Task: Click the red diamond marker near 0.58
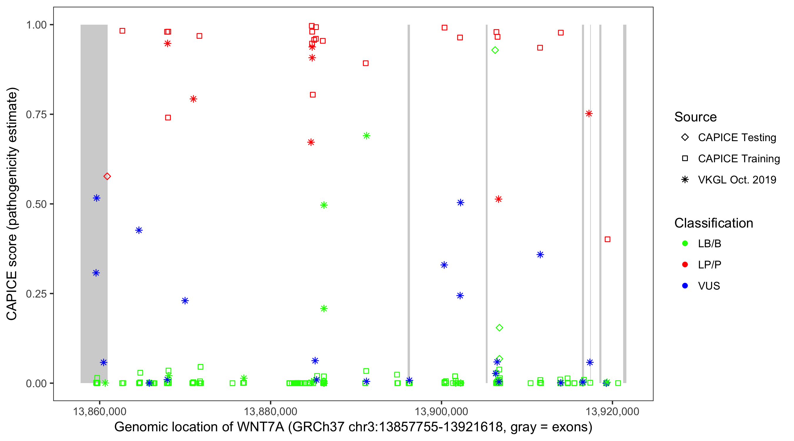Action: [107, 176]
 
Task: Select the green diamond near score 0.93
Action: [495, 50]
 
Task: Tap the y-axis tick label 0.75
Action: [36, 115]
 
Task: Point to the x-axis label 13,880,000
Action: [270, 412]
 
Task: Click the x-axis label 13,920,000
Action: [612, 412]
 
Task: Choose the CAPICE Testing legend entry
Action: [737, 138]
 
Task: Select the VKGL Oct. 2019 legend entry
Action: [737, 180]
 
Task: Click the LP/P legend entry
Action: [709, 265]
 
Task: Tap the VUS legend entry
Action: [709, 286]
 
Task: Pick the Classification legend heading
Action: [713, 223]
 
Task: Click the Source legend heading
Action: [695, 117]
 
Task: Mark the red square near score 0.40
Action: [608, 239]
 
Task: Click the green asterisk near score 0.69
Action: [366, 136]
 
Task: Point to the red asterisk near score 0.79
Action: [193, 99]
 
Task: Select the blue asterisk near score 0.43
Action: [139, 230]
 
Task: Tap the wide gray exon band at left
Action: [94, 203]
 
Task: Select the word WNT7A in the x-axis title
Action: [261, 427]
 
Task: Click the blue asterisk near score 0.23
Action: [185, 301]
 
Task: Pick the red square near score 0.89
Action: [366, 63]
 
